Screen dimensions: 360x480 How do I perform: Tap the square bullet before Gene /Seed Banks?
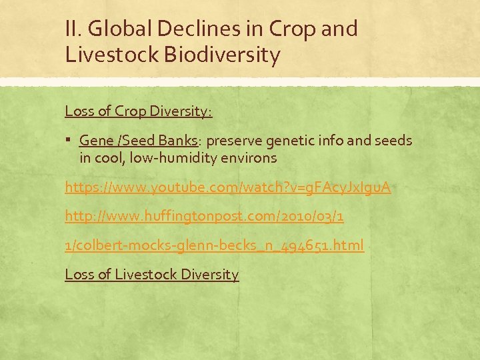(70, 141)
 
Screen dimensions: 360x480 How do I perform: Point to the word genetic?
(289, 141)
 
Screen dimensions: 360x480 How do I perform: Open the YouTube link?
(227, 188)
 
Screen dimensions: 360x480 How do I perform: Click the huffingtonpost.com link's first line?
(205, 217)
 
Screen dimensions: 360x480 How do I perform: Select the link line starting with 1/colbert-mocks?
(214, 246)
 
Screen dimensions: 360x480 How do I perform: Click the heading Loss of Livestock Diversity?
(151, 275)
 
